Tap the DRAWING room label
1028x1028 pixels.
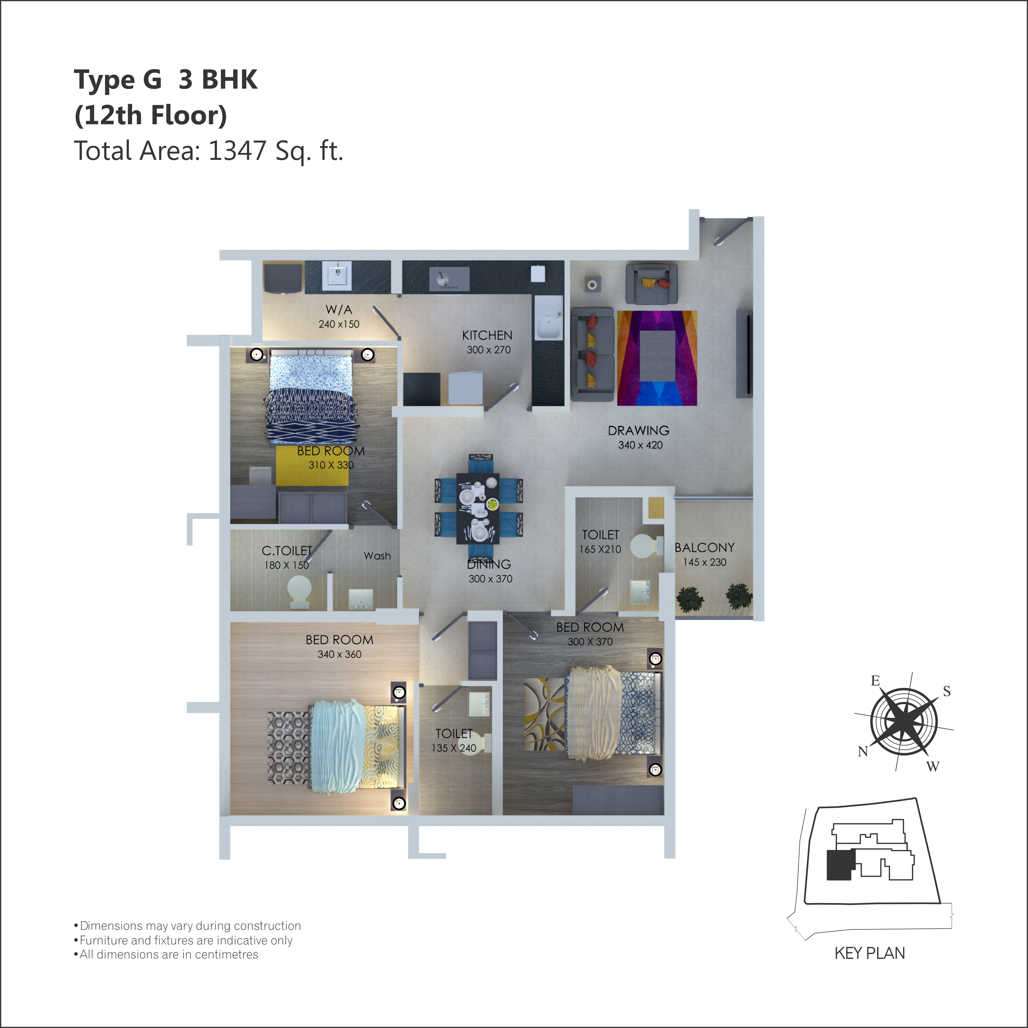pyautogui.click(x=638, y=430)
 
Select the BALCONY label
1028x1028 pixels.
pyautogui.click(x=705, y=547)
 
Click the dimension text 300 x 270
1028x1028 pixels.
pyautogui.click(x=488, y=350)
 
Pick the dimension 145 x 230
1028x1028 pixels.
pyautogui.click(x=705, y=562)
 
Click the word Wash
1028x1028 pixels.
pyautogui.click(x=377, y=556)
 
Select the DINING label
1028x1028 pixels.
pyautogui.click(x=489, y=564)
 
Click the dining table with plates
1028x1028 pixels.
pyautogui.click(x=478, y=508)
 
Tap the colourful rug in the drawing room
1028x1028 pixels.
pyautogui.click(x=657, y=358)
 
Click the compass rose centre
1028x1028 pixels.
pyautogui.click(x=904, y=722)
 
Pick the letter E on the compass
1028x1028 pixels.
pyautogui.click(x=875, y=681)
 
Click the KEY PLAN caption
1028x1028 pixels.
pyautogui.click(x=870, y=953)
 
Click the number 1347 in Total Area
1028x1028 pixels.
pyautogui.click(x=237, y=151)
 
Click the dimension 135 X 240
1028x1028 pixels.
pyautogui.click(x=454, y=748)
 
